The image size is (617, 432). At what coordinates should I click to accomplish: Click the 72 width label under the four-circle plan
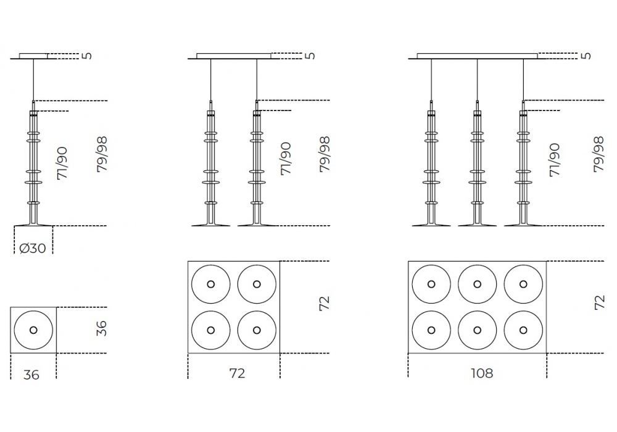[x=237, y=373]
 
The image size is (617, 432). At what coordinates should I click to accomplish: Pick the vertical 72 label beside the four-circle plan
[x=325, y=302]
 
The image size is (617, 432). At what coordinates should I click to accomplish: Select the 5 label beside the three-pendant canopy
[x=586, y=56]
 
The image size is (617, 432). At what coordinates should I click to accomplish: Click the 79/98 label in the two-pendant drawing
[x=325, y=154]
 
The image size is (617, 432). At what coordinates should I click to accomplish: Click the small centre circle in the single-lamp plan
[x=33, y=330]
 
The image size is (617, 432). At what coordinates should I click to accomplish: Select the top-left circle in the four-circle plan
[x=211, y=284]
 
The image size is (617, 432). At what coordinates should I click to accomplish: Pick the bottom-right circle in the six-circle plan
[x=524, y=330]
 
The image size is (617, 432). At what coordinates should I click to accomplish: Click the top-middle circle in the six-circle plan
[x=477, y=284]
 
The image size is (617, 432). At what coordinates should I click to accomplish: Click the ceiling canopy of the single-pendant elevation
[x=33, y=56]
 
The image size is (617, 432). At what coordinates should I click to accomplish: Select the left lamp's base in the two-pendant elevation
[x=211, y=223]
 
